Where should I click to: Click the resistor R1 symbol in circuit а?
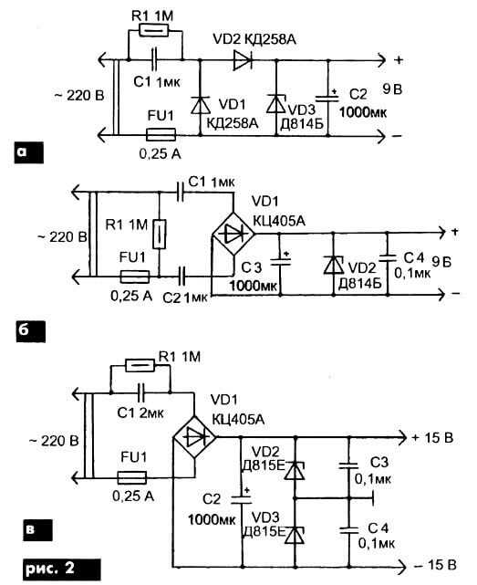point(154,30)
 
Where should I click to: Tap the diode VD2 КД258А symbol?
point(243,60)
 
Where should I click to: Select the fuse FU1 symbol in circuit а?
point(161,134)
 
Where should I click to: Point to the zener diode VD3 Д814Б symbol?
point(276,104)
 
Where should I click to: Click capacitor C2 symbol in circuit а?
point(327,99)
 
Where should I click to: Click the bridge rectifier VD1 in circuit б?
point(233,234)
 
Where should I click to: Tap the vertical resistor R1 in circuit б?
point(160,234)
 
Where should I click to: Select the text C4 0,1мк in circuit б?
point(413,266)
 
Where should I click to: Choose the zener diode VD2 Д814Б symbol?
point(334,266)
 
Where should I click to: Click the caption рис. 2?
point(61,569)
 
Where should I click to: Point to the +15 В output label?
point(432,438)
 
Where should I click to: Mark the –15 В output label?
point(435,565)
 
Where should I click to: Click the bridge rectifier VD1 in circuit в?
point(194,437)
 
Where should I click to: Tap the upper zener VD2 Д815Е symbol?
point(295,470)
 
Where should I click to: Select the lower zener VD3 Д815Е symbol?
point(295,535)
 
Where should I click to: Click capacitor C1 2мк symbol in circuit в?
point(141,392)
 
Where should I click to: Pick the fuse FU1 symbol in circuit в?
point(131,477)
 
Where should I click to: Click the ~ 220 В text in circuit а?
point(79,96)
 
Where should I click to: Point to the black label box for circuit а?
point(28,152)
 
